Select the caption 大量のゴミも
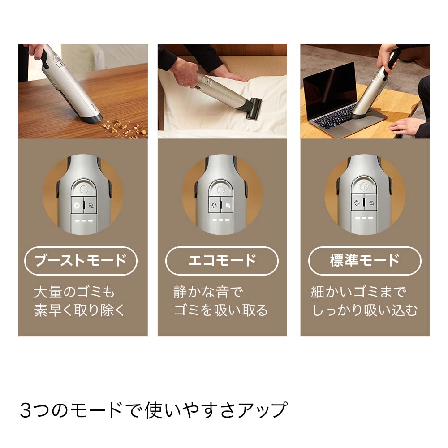click(74, 292)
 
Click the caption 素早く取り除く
click(81, 310)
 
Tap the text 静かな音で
click(207, 292)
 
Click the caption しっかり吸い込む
click(364, 310)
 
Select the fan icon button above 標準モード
click(357, 203)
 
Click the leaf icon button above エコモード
click(229, 206)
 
